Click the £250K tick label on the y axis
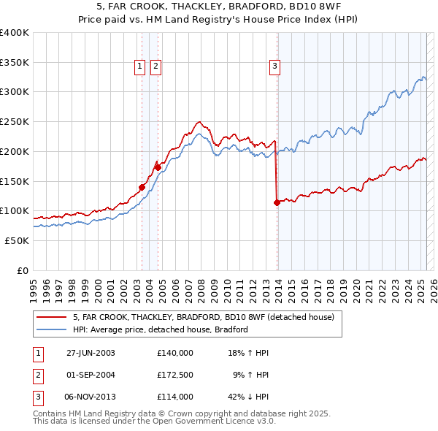point(15,122)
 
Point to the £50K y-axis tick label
point(17,240)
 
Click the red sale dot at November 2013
point(277,203)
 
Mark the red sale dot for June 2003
point(142,187)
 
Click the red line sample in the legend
point(51,317)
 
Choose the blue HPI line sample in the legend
point(51,329)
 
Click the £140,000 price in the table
point(175,352)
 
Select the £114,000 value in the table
point(175,397)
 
